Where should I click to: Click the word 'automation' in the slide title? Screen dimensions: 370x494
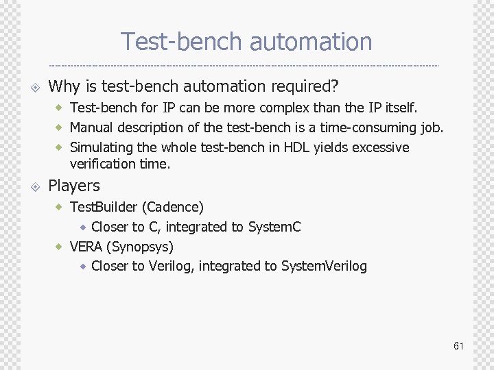[311, 42]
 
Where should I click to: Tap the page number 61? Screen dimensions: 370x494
[458, 346]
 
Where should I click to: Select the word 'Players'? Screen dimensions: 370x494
[74, 186]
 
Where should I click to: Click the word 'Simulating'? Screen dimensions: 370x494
[101, 147]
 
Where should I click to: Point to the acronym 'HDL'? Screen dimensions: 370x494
[296, 147]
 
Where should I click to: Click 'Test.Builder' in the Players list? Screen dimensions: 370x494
[104, 207]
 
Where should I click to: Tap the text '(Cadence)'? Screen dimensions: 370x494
[172, 207]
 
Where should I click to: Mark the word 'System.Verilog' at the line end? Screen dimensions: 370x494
[324, 266]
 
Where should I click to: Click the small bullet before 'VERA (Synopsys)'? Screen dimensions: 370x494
[60, 247]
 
